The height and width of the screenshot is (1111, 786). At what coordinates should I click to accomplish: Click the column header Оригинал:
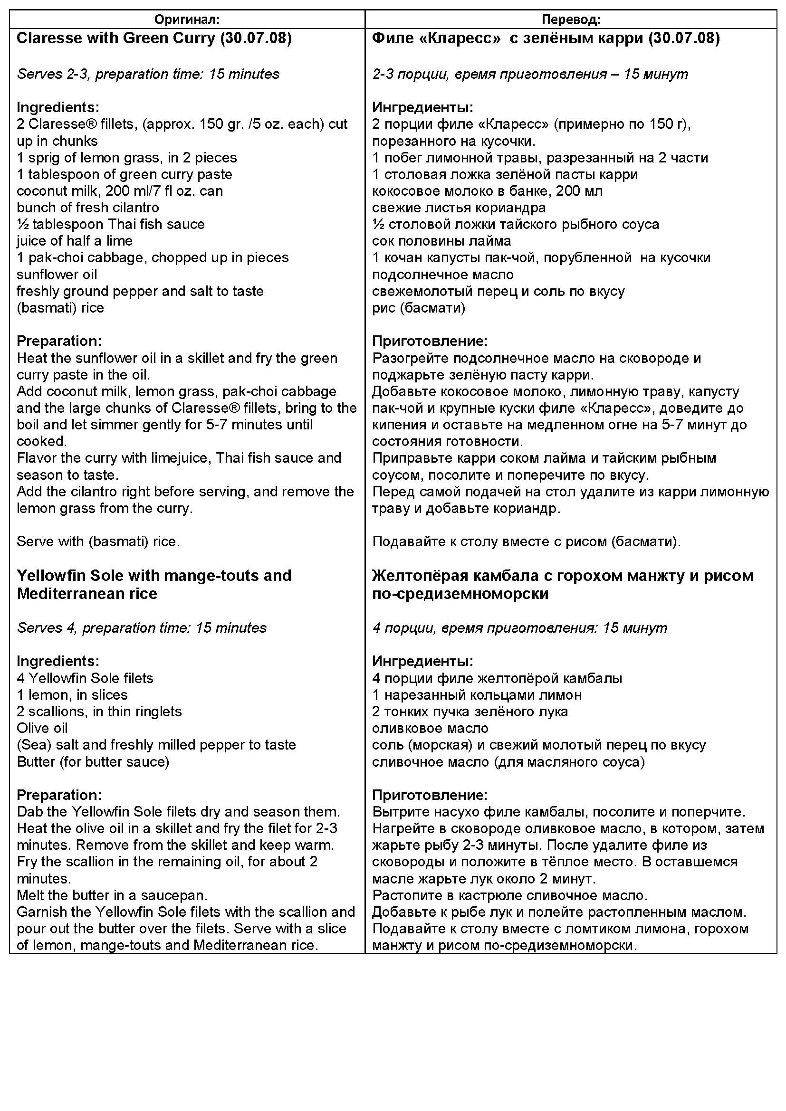tap(187, 19)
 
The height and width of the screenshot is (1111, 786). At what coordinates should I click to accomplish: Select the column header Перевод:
tap(571, 19)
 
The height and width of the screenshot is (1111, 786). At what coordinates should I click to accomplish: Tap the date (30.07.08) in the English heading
tap(256, 38)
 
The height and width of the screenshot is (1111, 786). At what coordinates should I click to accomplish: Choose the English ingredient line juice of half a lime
tap(75, 241)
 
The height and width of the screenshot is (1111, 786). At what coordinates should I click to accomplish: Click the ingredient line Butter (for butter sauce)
tap(93, 761)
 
